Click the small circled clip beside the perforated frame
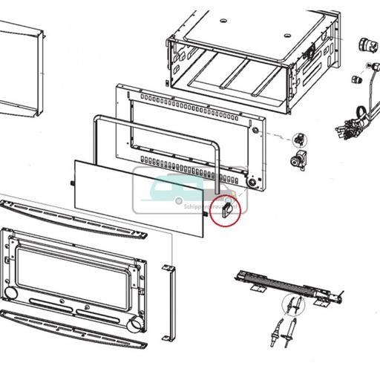click(x=300, y=138)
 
